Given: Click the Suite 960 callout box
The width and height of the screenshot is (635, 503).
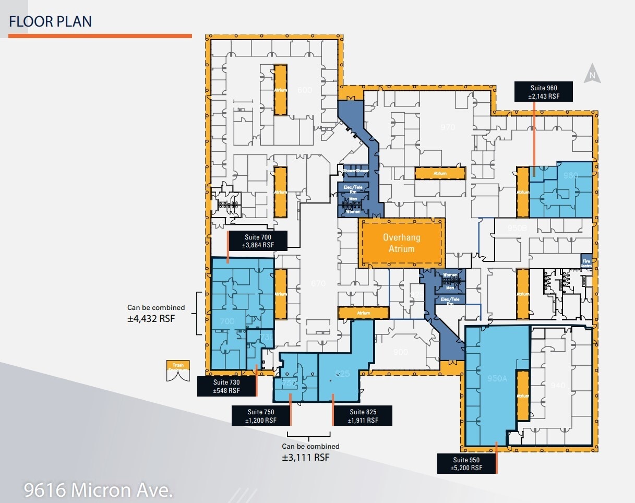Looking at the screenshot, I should [543, 91].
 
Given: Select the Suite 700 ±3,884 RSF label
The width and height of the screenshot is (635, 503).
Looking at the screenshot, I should [258, 241].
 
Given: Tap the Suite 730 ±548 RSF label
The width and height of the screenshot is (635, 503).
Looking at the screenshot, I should [226, 387].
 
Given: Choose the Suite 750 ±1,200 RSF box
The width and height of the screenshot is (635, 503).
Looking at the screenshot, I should [261, 416].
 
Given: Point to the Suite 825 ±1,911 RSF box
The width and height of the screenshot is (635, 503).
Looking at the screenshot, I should [363, 416].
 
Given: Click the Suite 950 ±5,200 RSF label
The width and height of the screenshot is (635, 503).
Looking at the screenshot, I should [466, 463].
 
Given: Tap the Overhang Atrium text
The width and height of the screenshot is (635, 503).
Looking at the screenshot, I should [401, 243].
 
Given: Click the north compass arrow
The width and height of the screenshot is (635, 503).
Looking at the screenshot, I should [592, 74].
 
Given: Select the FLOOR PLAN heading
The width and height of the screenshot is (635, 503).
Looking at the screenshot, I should [51, 21].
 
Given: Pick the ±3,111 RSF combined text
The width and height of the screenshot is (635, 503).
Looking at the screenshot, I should [306, 457].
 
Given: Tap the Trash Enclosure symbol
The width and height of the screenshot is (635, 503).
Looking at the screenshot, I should [178, 370].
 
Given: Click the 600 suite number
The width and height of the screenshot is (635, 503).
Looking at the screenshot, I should [304, 90].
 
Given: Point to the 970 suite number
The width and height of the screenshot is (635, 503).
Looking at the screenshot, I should [448, 127].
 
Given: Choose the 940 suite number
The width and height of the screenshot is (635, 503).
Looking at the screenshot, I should [558, 386].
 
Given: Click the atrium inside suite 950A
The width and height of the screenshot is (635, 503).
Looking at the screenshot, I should [522, 395].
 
